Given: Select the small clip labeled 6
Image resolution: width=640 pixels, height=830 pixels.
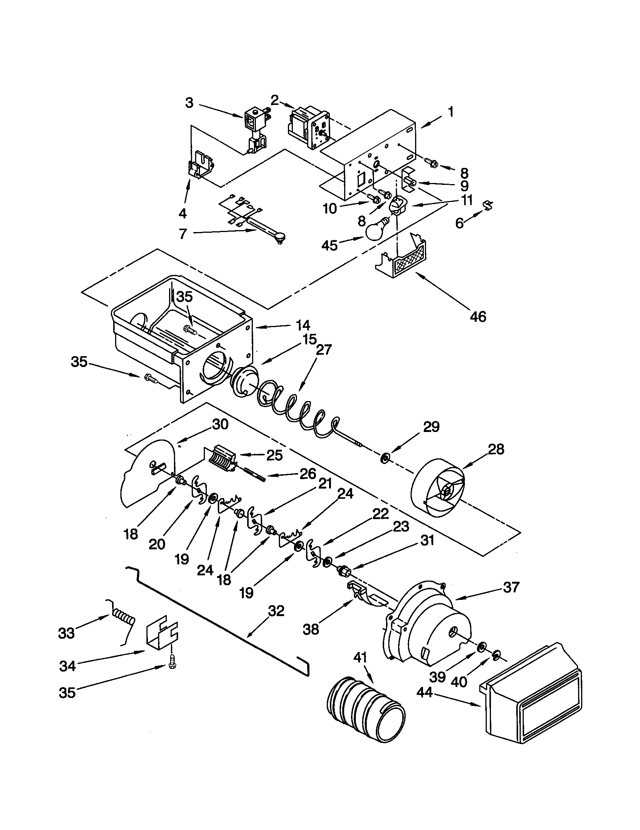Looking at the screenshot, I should [488, 206].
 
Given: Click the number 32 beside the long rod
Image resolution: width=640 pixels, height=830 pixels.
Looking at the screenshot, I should [276, 611].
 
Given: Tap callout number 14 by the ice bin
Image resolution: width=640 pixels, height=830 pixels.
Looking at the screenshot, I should [303, 325].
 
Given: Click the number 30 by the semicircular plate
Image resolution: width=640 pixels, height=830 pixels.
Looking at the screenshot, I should [220, 424].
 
